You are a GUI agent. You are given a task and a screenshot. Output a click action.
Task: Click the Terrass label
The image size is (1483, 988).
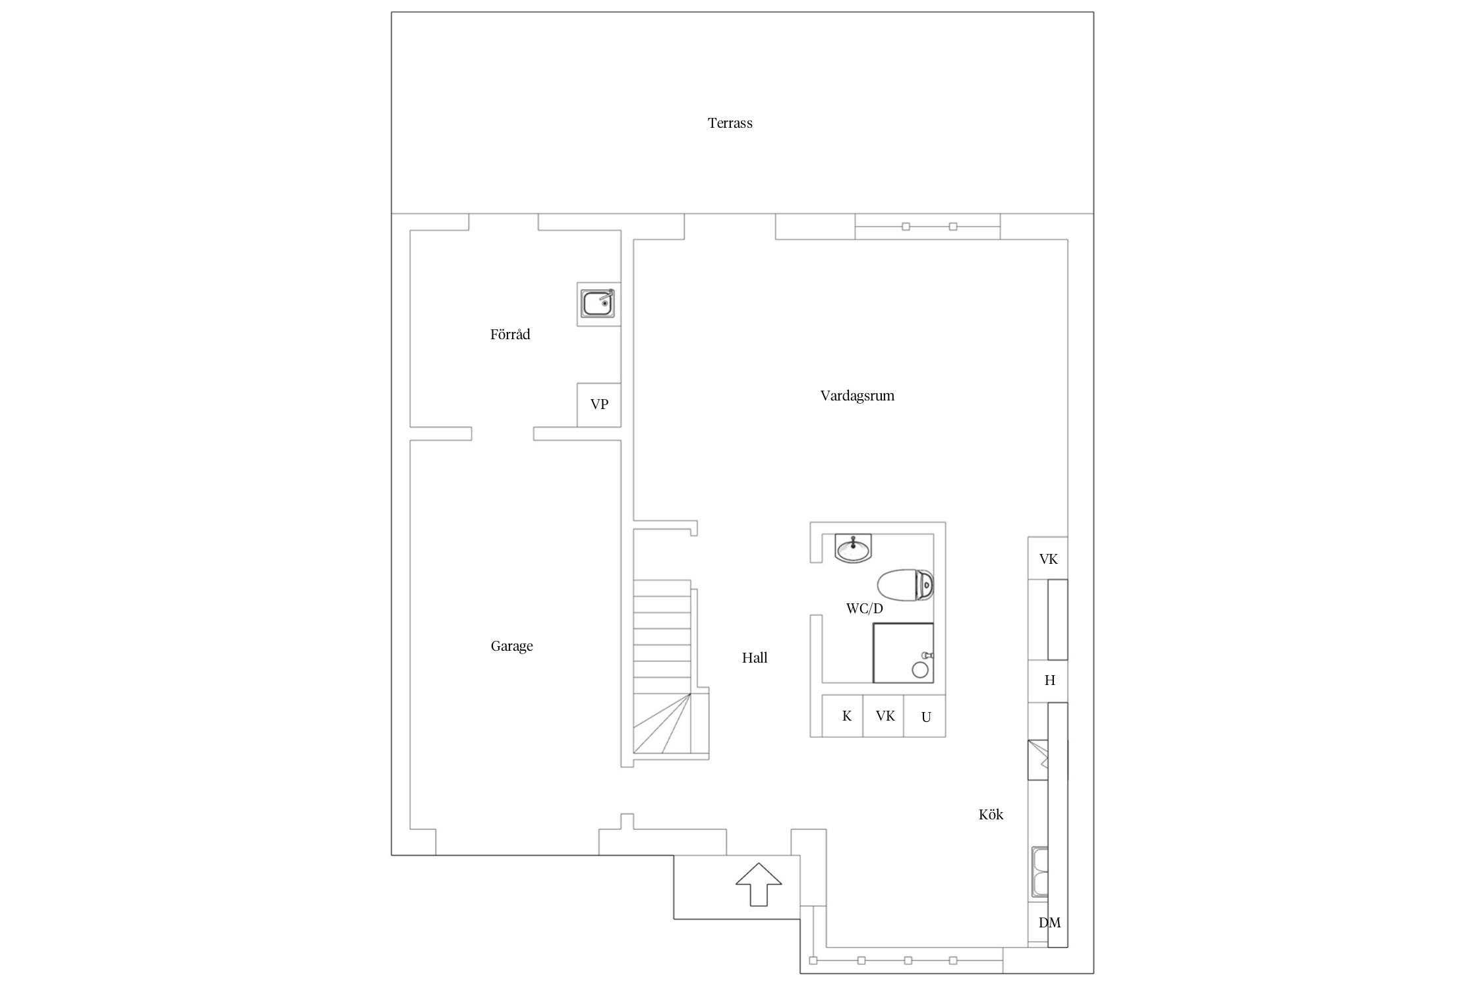click(x=730, y=123)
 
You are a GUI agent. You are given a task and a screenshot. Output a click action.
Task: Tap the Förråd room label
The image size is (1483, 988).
click(x=510, y=335)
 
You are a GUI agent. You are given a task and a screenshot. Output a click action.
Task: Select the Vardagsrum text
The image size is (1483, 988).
click(x=857, y=396)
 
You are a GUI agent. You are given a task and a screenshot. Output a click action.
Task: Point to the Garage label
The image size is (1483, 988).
click(x=511, y=646)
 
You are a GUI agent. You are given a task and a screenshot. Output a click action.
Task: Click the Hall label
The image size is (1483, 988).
click(x=755, y=657)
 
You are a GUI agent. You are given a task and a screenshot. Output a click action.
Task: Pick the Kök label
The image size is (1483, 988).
click(x=991, y=815)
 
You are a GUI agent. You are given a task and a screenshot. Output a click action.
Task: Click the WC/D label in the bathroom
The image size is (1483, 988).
click(x=864, y=609)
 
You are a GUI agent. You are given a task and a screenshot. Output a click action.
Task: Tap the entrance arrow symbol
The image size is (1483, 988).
click(x=759, y=884)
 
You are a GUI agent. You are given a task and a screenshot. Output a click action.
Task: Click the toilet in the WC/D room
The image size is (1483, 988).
click(x=906, y=585)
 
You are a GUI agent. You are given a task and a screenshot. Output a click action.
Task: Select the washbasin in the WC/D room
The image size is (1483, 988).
click(x=853, y=548)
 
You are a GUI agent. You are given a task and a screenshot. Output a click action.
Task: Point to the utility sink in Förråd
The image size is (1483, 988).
click(x=598, y=304)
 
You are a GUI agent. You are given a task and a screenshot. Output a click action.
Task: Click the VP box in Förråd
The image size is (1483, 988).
click(x=599, y=405)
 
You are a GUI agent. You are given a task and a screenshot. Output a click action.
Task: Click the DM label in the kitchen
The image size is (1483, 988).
click(x=1049, y=923)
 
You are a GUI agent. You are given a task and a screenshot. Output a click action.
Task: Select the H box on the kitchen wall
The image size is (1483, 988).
click(x=1048, y=681)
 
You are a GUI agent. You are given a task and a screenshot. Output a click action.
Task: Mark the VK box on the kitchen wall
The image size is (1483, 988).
click(x=1048, y=559)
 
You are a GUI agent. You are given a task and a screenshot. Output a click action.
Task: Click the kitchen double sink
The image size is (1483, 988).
click(x=1040, y=872)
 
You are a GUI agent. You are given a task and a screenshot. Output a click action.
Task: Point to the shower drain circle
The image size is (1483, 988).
click(x=920, y=671)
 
